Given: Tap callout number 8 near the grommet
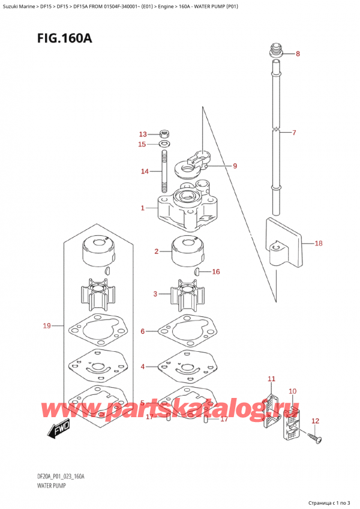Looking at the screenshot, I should (298, 54).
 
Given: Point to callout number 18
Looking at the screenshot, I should (318, 244).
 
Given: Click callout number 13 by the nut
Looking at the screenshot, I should (142, 134).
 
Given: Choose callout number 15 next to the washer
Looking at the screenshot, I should (142, 144).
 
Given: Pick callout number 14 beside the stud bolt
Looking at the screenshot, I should (144, 172).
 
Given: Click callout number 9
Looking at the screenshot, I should (235, 166).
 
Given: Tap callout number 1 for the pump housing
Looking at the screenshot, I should (142, 208).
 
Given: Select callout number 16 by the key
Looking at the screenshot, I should (216, 272).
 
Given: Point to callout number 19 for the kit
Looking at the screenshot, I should (47, 326).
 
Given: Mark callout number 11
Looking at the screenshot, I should (271, 379).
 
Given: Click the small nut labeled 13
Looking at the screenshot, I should (164, 134).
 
